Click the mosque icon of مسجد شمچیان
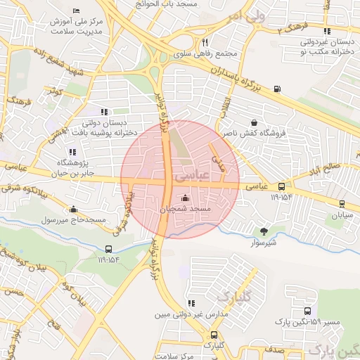185,198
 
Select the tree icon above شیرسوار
264,231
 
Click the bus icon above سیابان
342,204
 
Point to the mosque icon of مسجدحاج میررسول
74,209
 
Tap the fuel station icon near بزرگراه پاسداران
276,89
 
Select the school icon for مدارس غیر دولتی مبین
191,303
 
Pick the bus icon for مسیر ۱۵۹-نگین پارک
307,310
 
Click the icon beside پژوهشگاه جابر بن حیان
72,151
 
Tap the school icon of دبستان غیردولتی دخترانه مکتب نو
326,31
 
